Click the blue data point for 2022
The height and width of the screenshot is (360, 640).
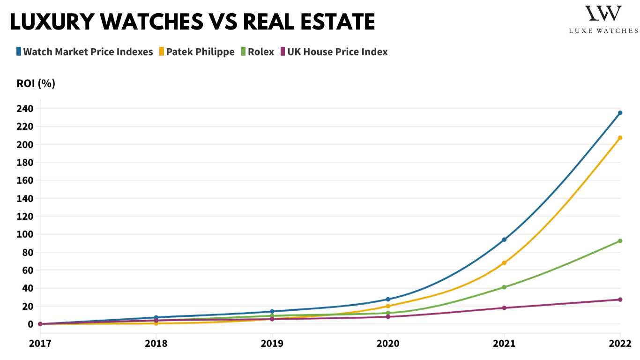pos(620,113)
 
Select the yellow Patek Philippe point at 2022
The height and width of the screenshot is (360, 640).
pos(620,138)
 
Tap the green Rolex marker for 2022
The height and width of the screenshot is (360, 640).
pos(620,241)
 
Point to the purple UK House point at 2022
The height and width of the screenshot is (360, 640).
pos(620,300)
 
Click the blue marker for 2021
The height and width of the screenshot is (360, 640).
pos(504,240)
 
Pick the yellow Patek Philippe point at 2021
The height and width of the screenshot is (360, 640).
pos(504,263)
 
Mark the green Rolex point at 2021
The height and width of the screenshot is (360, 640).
pos(504,287)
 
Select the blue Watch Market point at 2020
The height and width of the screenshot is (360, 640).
pos(388,299)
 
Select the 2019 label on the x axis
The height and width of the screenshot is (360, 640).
pos(272,344)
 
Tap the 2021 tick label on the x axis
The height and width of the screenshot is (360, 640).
pos(504,344)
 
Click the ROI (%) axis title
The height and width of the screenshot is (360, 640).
pos(36,83)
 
